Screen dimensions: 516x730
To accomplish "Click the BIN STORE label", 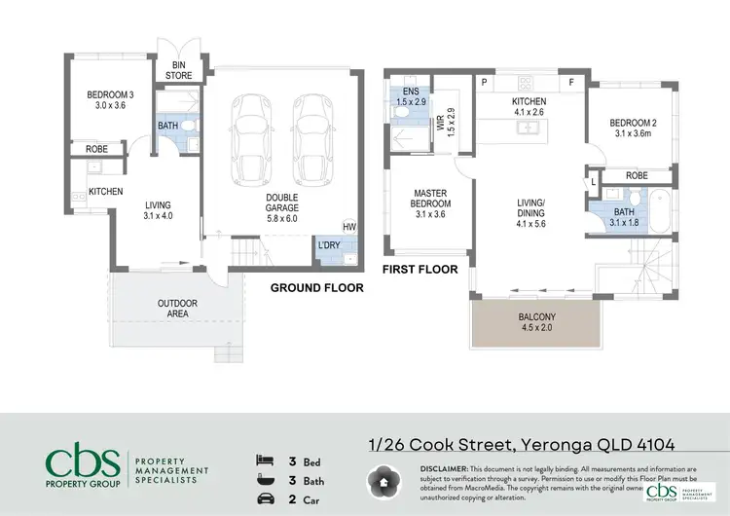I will point(177,70).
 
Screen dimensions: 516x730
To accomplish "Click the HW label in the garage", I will point(348,225).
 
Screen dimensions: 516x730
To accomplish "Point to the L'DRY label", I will point(329,245).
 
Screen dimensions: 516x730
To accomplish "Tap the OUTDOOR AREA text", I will point(177,310).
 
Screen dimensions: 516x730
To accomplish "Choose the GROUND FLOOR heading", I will point(316,288).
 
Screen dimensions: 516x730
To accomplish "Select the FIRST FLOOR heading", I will point(420,269).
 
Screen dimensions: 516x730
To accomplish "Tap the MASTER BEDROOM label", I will point(429,200).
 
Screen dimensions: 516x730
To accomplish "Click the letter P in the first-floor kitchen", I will point(484,83).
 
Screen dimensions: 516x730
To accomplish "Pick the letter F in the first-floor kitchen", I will point(571,83).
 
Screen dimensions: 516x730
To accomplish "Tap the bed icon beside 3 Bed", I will point(262,459).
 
